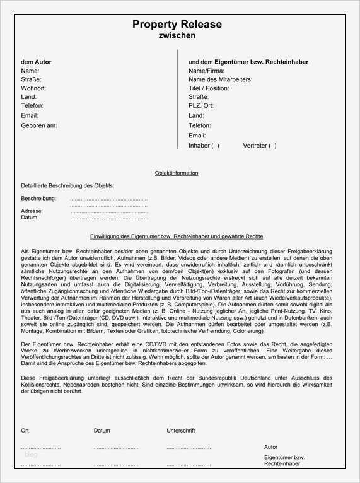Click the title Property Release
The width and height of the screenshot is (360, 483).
177,25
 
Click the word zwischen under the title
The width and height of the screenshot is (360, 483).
177,36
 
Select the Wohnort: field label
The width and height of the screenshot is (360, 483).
33,89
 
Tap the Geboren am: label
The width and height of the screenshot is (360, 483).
39,125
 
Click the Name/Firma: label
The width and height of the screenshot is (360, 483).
206,71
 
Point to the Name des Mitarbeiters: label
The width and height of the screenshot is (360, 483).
220,80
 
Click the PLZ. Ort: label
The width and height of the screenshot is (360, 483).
201,107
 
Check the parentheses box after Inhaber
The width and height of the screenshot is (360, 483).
216,146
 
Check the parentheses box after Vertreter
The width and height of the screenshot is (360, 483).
272,146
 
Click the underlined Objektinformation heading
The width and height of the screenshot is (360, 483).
177,173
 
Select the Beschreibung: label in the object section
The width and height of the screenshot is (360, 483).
38,199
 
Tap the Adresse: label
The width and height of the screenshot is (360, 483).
32,211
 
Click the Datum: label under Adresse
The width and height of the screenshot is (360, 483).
30,218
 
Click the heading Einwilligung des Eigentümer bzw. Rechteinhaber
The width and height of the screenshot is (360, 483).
177,236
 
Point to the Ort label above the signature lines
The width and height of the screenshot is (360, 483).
25,431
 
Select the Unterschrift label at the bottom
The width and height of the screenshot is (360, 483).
180,431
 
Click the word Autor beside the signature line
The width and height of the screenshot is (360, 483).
270,447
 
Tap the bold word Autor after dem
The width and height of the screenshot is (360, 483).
43,62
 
